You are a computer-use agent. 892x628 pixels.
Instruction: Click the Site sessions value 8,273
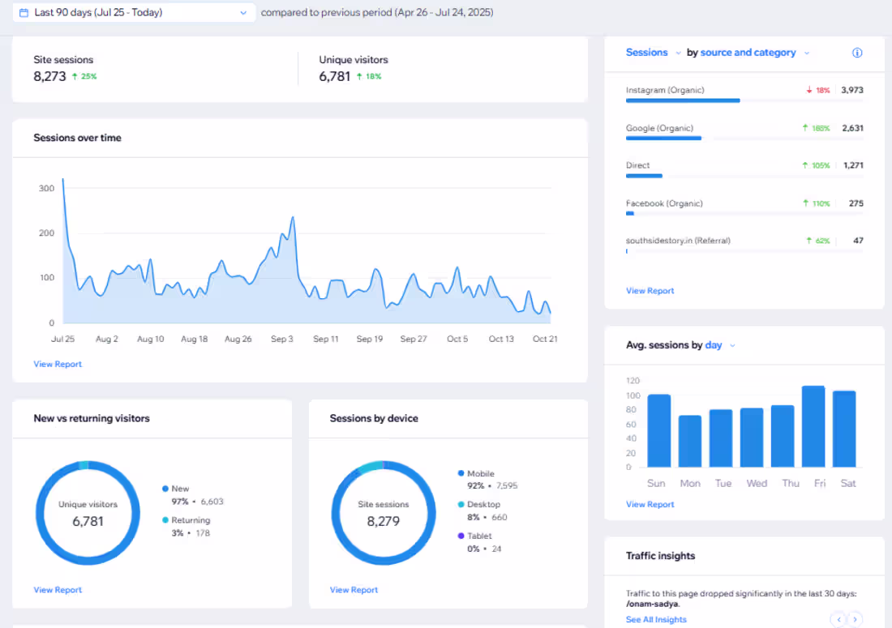pos(49,76)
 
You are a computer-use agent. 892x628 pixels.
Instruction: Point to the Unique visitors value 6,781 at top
pos(335,76)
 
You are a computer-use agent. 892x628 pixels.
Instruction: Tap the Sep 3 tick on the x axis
pos(281,339)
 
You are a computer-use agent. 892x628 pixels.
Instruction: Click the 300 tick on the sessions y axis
pos(46,189)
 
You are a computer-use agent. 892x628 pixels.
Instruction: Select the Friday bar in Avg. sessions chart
pos(813,426)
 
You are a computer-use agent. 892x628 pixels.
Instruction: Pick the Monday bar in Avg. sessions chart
pos(690,441)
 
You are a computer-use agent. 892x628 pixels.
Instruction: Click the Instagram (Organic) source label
pos(665,90)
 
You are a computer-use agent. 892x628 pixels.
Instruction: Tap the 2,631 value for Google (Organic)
pos(852,128)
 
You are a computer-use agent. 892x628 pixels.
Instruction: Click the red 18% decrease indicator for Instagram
pos(818,91)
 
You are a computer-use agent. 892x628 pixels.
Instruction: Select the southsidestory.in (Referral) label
pos(678,241)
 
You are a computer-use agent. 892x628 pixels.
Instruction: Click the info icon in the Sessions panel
pos(857,53)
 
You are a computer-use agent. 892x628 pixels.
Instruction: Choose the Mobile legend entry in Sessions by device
pos(480,473)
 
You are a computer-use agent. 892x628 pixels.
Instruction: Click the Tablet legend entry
pos(478,536)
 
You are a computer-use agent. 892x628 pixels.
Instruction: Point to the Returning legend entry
pos(190,520)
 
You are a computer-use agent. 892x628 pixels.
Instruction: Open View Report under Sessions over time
pos(58,364)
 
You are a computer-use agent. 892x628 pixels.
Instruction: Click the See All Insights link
pos(656,619)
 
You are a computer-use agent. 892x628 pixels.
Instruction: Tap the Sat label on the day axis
pos(848,483)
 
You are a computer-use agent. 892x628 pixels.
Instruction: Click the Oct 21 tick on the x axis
pos(545,339)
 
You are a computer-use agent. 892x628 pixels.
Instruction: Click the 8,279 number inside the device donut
pos(383,521)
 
